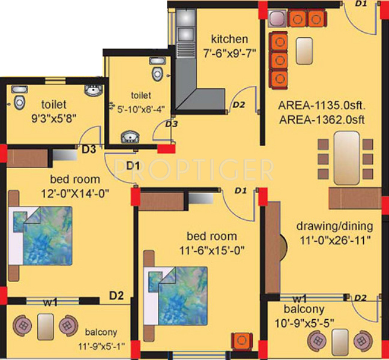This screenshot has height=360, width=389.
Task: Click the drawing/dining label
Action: (x=334, y=226)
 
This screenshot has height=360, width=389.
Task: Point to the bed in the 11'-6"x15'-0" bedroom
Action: (x=182, y=295)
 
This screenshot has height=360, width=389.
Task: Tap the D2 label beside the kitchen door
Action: (x=238, y=104)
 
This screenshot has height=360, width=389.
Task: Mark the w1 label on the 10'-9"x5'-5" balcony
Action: (x=300, y=298)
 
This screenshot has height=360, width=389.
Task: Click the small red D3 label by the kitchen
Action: (x=171, y=124)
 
